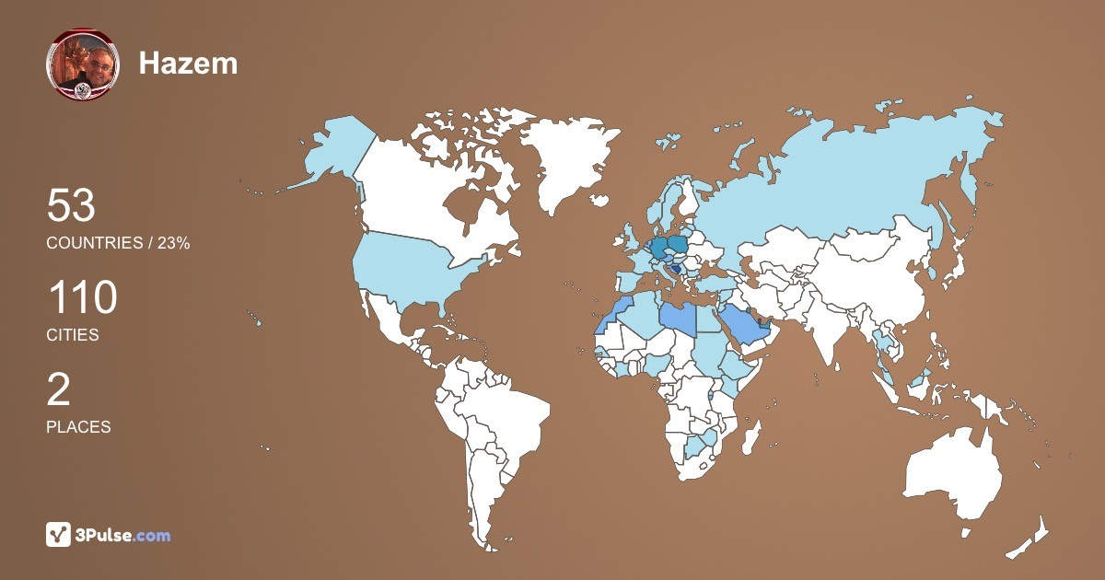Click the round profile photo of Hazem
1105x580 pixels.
pos(82,64)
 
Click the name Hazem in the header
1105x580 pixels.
pos(188,63)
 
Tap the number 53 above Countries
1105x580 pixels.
pos(71,206)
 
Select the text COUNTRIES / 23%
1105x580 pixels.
pos(118,243)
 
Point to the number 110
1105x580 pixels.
pos(82,298)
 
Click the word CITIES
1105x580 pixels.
pos(72,335)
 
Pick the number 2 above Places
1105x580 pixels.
pos(58,390)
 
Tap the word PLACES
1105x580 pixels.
pos(78,427)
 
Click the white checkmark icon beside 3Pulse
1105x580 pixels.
pos(58,535)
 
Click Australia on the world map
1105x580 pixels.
pos(954,470)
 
